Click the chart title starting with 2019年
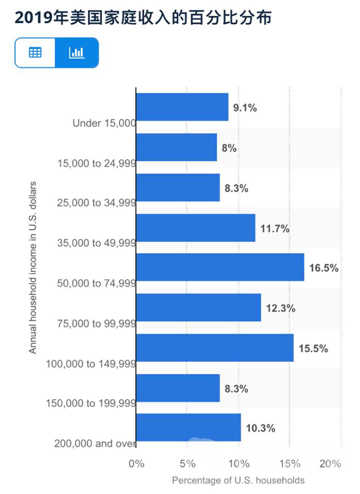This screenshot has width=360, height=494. coord(143,19)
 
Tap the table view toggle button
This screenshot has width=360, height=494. coord(35,53)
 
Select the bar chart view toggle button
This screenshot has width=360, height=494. coord(76,53)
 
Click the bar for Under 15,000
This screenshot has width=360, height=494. coord(182,107)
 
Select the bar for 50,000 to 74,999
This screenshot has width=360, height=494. coord(220,268)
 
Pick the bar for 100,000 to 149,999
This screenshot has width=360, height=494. coord(215,348)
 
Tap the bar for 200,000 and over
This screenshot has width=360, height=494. coord(188,428)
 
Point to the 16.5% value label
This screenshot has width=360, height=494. coord(324,268)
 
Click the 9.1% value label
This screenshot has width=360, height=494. coord(245,108)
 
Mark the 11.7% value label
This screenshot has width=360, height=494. coord(275,228)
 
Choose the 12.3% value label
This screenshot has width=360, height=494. coord(281,309)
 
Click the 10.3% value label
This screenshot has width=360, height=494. coord(260,429)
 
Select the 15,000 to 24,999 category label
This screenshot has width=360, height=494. coord(97,164)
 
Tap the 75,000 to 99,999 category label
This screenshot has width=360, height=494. coord(97,323)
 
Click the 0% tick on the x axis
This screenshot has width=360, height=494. coord(137,464)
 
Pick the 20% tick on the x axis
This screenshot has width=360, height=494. coord(331,464)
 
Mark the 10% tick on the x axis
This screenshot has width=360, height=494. coord(239,464)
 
